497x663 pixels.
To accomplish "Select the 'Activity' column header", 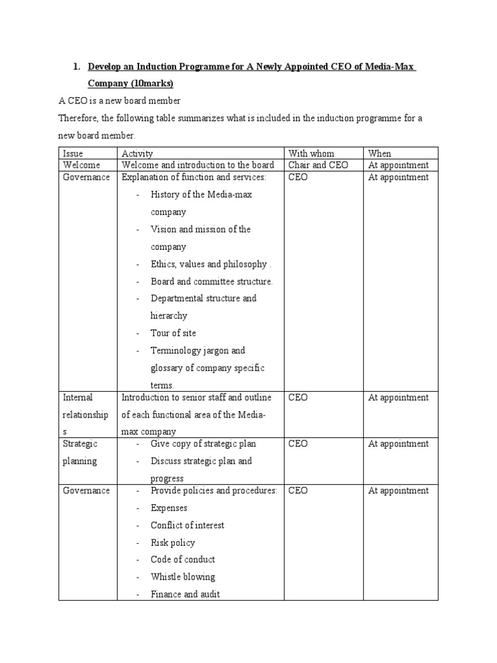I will click(x=137, y=153).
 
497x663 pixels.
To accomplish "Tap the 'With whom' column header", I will click(x=311, y=153).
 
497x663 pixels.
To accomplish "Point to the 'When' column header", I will click(x=380, y=153).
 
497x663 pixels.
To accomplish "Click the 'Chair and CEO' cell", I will click(x=318, y=165).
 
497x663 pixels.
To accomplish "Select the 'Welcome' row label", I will click(x=82, y=165).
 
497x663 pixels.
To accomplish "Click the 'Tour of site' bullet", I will click(x=173, y=333).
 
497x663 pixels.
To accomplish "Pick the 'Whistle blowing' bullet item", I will click(x=182, y=577).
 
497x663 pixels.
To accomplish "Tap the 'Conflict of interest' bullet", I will click(x=187, y=525).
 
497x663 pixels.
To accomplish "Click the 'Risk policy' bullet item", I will click(x=172, y=543).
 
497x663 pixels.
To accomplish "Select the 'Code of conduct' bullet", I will click(x=182, y=559).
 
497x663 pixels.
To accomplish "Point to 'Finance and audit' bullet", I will click(x=185, y=594).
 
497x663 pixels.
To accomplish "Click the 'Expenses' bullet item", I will click(x=169, y=508).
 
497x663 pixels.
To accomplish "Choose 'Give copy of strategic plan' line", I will click(x=203, y=444).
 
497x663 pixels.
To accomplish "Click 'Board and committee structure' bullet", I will click(x=212, y=282).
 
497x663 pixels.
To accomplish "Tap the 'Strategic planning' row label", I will click(x=80, y=453).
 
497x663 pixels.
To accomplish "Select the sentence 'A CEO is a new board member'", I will click(x=120, y=101).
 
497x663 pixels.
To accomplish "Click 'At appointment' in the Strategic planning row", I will click(x=398, y=444).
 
